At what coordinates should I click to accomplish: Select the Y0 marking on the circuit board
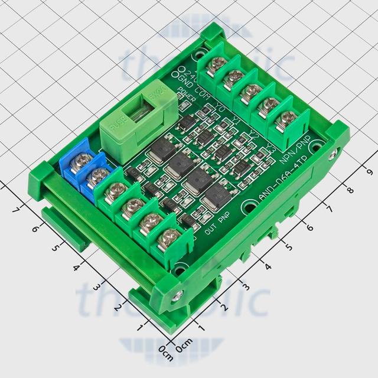[x=220, y=108]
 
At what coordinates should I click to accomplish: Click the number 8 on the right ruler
[x=350, y=190]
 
